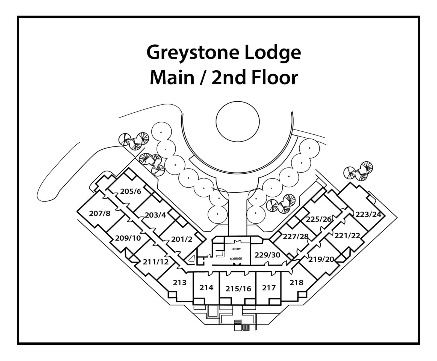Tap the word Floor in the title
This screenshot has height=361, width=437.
[274, 78]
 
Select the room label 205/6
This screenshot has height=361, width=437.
[131, 191]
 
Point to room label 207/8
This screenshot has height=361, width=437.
[100, 213]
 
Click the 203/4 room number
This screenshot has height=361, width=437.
[155, 215]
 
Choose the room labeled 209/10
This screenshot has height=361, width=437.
[128, 238]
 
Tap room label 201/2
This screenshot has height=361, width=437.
[182, 239]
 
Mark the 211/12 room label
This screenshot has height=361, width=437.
[156, 262]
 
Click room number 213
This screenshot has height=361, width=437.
[180, 282]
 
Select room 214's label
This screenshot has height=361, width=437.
[206, 287]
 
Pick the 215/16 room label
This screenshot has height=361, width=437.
[238, 288]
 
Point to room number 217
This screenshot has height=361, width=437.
[269, 288]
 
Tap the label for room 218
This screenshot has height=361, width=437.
[296, 282]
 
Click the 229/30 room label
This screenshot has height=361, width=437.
[267, 255]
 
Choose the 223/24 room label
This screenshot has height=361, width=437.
[368, 214]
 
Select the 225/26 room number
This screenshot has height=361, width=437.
[318, 219]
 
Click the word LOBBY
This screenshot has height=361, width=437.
[236, 249]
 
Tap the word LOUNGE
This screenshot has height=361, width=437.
[236, 258]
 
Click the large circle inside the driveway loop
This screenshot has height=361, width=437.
[237, 122]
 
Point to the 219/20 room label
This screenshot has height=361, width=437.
[321, 259]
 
